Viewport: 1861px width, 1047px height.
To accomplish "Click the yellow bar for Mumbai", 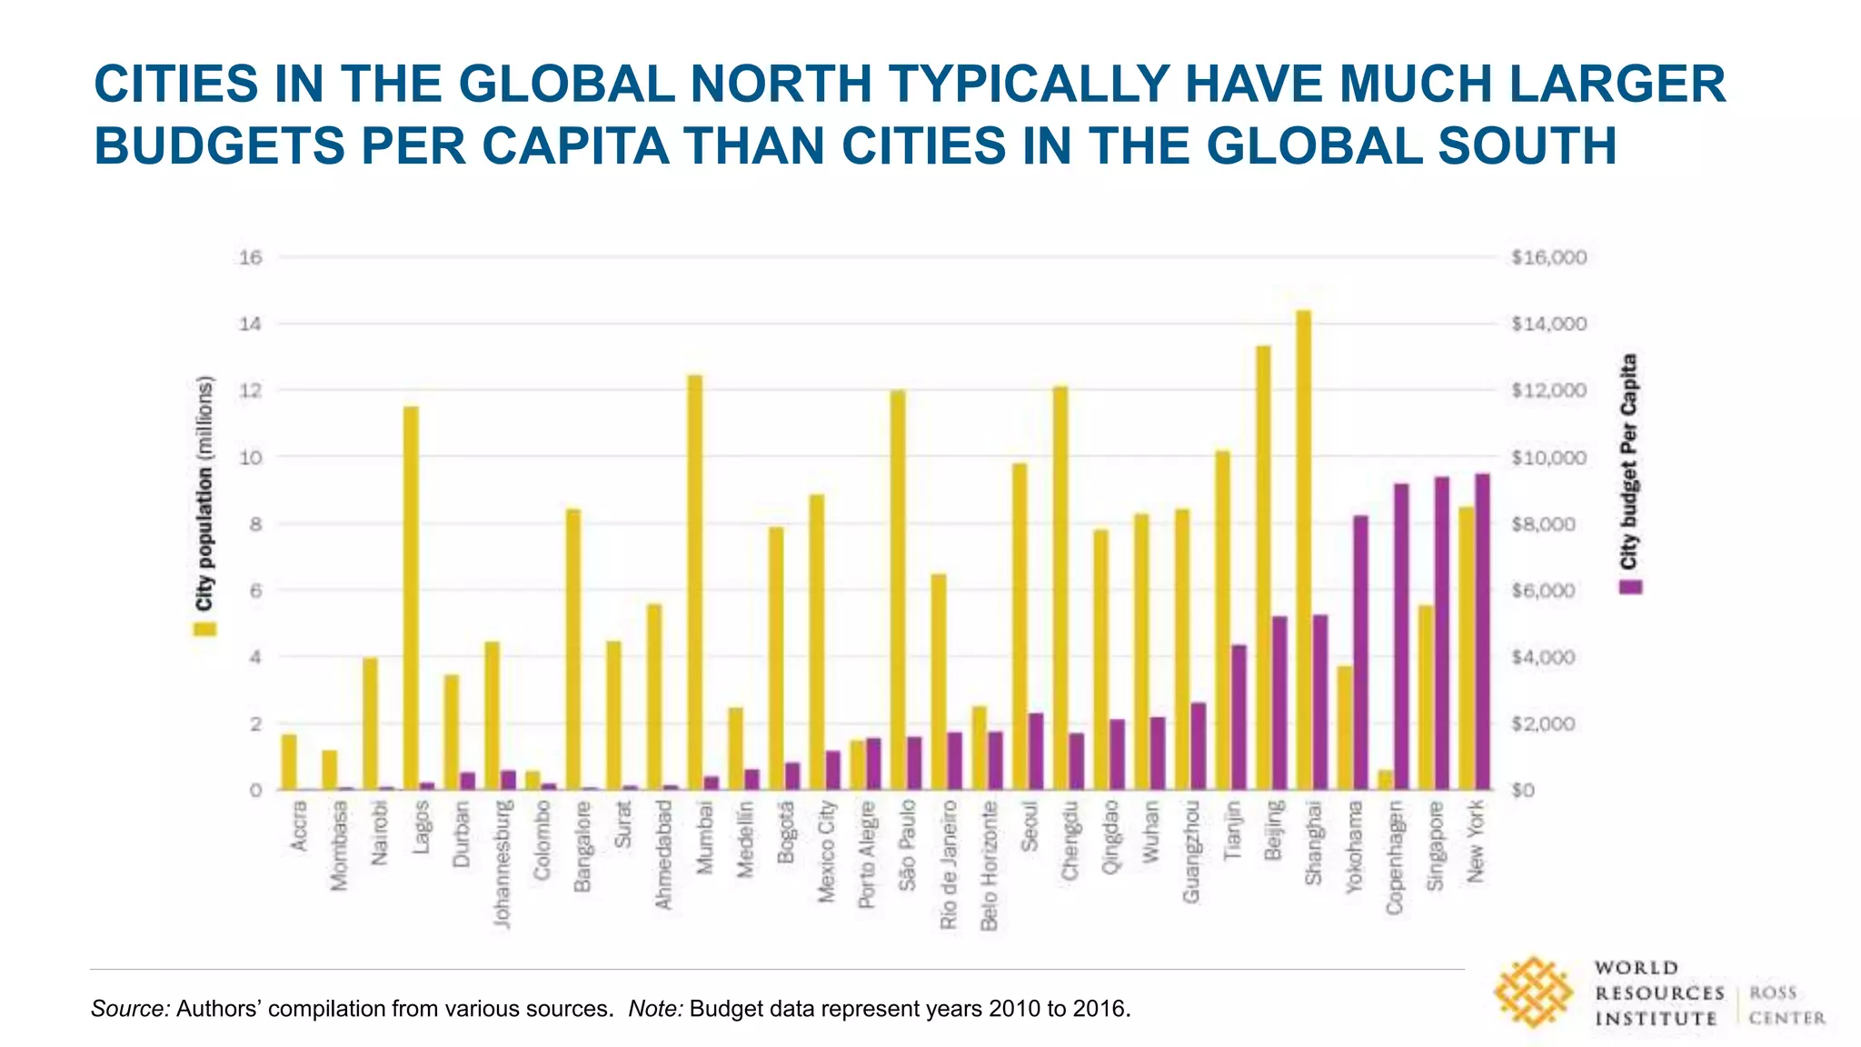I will tap(695, 582).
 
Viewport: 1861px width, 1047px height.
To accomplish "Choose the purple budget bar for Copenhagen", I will tap(1401, 636).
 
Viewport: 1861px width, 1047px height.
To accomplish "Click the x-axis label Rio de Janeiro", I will tap(950, 864).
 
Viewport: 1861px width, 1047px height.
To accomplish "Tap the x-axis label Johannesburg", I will tap(503, 864).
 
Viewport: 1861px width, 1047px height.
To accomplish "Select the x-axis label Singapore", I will tap(1436, 846).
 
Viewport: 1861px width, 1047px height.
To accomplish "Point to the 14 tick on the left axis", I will tap(250, 324).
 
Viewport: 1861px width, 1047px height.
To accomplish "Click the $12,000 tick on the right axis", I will tap(1548, 391).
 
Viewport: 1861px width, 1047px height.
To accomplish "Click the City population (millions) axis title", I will tap(205, 493).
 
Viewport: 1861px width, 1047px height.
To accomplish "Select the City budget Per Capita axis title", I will tap(1629, 461).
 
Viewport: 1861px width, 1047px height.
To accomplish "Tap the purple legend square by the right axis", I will tap(1631, 587).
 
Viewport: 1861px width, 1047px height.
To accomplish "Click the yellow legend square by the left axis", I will tap(205, 629).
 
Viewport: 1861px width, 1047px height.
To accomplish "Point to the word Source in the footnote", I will tap(130, 1009).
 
